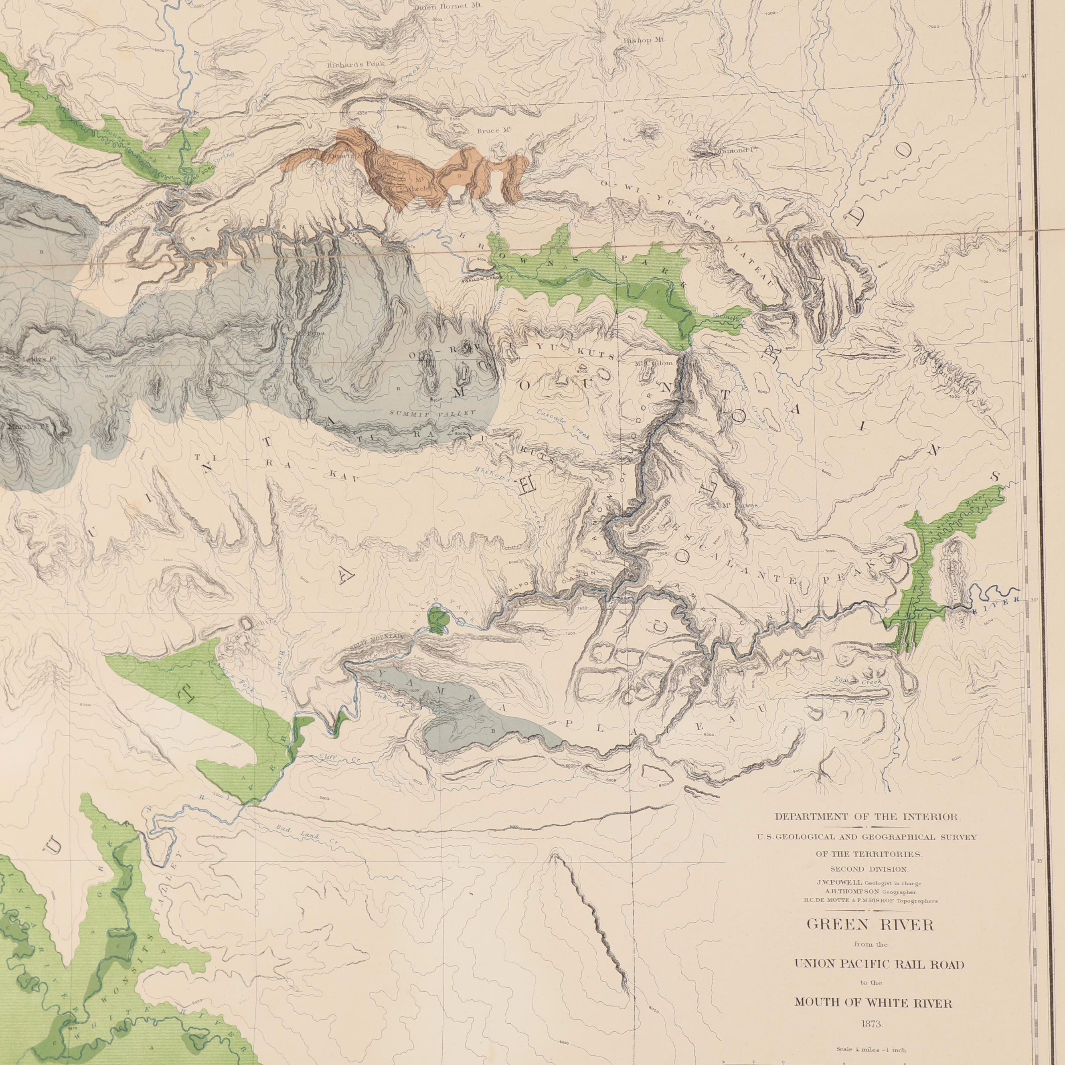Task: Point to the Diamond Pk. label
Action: click(x=731, y=150)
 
